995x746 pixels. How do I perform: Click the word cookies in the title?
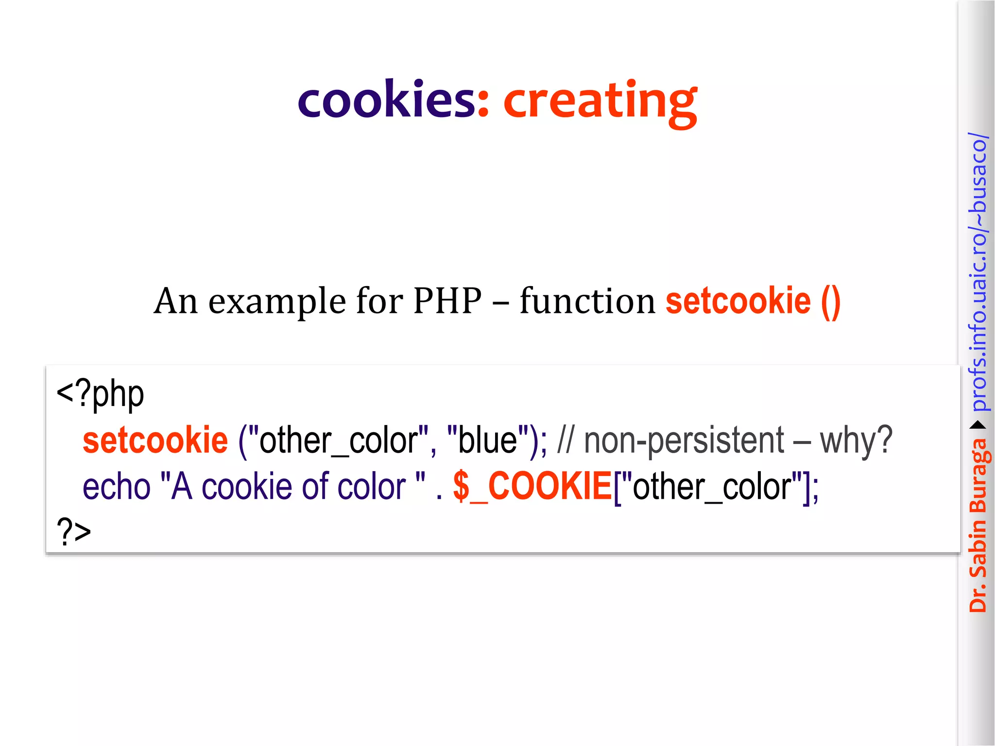coord(386,100)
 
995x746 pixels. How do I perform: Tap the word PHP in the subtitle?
coord(447,301)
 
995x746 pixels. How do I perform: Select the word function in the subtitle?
coord(587,301)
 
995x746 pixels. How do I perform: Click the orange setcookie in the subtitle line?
coord(738,301)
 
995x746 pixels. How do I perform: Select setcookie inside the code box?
coord(155,440)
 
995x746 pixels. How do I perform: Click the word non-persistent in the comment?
coord(684,440)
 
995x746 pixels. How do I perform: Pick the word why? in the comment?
coord(856,440)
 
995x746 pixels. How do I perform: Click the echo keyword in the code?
coord(117,486)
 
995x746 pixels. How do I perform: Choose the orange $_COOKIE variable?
coord(532,486)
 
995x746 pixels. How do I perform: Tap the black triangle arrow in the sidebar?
coord(978,425)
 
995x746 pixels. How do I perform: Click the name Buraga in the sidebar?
coord(978,476)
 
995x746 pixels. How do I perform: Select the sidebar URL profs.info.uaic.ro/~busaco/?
coord(978,272)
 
